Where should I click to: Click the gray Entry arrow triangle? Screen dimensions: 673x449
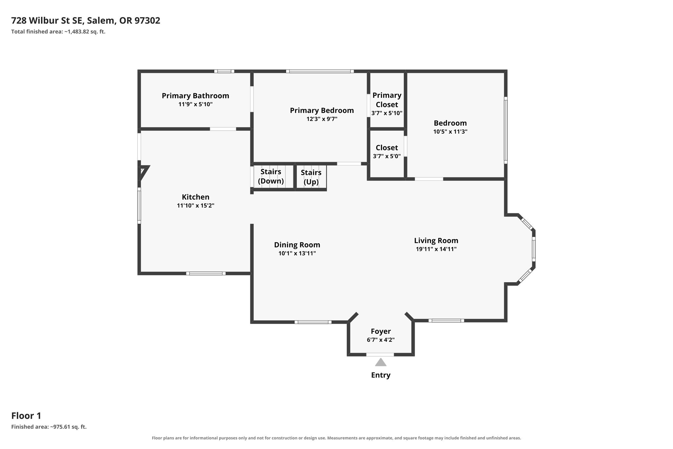(x=381, y=362)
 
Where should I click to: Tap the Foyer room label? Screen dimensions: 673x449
(x=381, y=331)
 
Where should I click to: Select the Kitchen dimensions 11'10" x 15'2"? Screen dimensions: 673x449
(x=196, y=206)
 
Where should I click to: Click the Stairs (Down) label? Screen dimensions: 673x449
(x=271, y=176)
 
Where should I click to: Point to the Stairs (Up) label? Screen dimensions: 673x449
(x=311, y=177)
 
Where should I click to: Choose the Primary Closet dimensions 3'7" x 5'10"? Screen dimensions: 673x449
(x=387, y=113)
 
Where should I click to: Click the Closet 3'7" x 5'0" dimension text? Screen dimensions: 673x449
(x=387, y=156)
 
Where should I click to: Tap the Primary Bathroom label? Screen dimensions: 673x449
(x=195, y=96)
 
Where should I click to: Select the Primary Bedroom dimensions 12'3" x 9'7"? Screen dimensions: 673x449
(x=322, y=119)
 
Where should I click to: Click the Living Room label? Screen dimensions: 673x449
(x=436, y=240)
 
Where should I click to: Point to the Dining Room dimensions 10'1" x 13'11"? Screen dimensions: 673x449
(x=297, y=253)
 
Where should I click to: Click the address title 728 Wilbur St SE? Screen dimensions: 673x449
(x=49, y=21)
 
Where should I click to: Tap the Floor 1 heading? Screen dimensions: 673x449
(x=26, y=416)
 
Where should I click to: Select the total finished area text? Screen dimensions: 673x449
(x=58, y=32)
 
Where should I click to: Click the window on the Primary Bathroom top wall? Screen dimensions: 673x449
(x=224, y=71)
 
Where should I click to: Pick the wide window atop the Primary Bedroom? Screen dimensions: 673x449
(x=320, y=71)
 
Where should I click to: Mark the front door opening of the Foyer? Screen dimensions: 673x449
(x=380, y=355)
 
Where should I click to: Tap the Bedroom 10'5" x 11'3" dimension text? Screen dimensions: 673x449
(x=450, y=132)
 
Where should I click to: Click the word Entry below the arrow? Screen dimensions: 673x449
(x=381, y=375)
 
